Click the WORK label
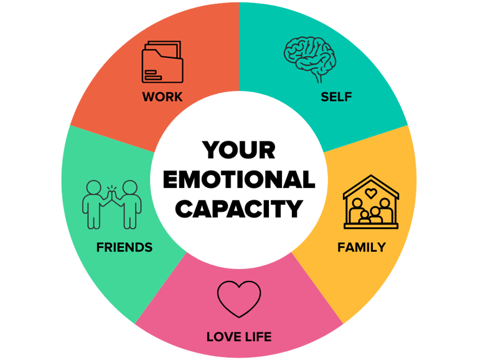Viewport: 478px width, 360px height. (x=162, y=97)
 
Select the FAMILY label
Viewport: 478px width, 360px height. (x=361, y=247)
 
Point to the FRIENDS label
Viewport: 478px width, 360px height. (x=124, y=247)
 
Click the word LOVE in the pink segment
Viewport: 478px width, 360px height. (x=222, y=338)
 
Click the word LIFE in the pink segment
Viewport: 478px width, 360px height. (x=256, y=338)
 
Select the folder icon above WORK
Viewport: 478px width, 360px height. (x=162, y=62)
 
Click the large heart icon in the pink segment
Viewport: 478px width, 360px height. (x=239, y=298)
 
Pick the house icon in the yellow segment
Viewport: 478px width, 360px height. (x=371, y=202)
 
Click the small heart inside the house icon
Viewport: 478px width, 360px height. (x=371, y=194)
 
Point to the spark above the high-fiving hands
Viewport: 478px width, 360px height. (x=112, y=185)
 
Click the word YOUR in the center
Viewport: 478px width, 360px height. (x=238, y=150)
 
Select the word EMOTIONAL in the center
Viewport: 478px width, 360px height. (x=238, y=179)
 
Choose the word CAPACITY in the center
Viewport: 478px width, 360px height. (x=238, y=209)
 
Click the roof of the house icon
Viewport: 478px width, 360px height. (x=371, y=181)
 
